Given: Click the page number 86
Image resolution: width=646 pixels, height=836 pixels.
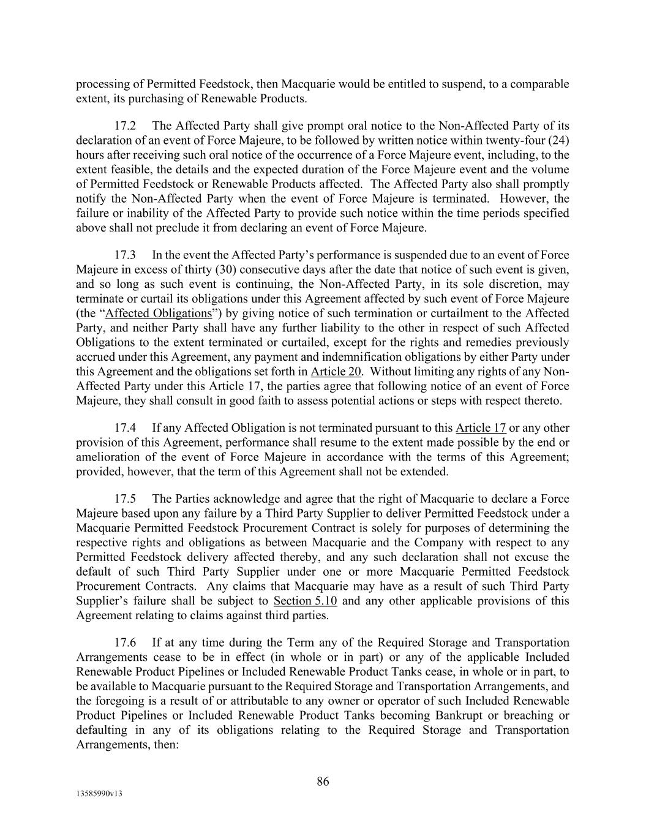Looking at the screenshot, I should click(323, 781).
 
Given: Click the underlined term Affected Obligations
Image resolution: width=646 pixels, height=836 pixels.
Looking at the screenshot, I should click(159, 313).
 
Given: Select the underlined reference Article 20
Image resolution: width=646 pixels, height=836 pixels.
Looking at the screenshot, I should click(336, 371).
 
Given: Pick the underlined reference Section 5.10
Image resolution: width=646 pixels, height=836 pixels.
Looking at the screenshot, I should click(305, 600).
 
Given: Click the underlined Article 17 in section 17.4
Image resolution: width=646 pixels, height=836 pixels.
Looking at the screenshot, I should click(481, 427).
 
